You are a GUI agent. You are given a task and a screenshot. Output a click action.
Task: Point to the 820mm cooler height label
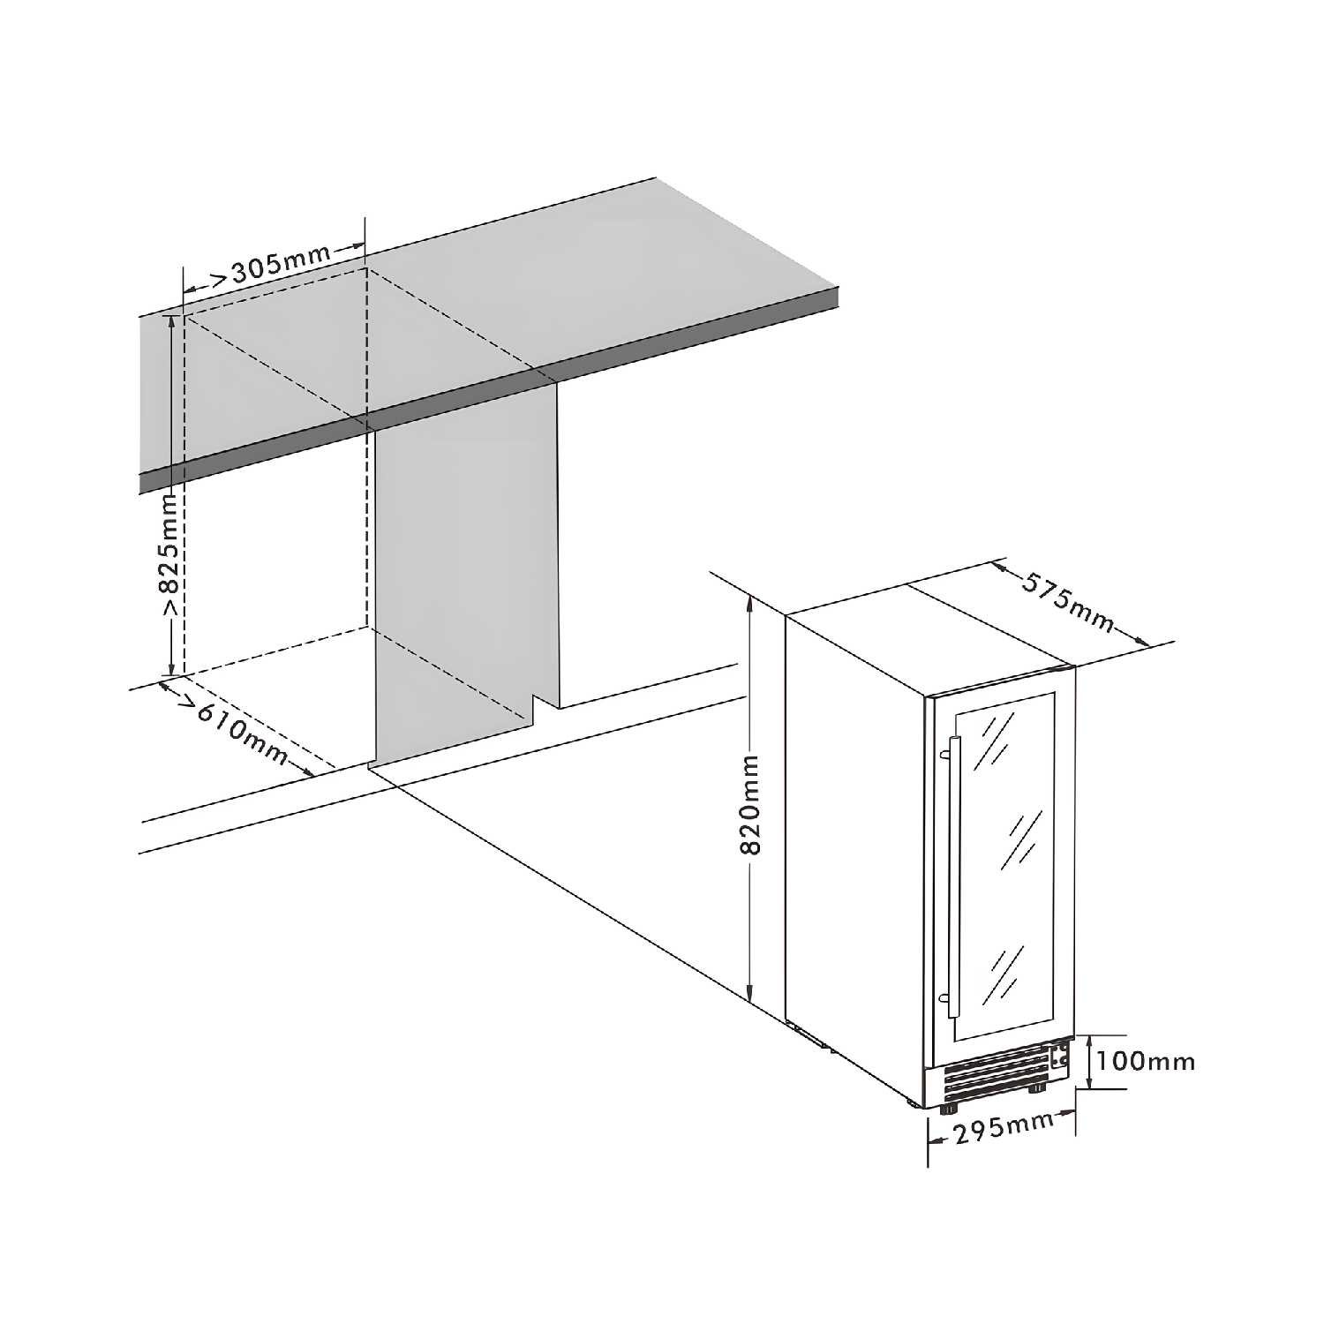coord(749,803)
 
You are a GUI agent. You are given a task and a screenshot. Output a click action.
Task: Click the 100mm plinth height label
coord(1147,1060)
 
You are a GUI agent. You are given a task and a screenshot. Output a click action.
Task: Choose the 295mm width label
coord(1002,1127)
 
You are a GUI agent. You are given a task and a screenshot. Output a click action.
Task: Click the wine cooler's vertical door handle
coord(952,874)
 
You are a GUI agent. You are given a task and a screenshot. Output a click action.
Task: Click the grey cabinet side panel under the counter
coord(463,574)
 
